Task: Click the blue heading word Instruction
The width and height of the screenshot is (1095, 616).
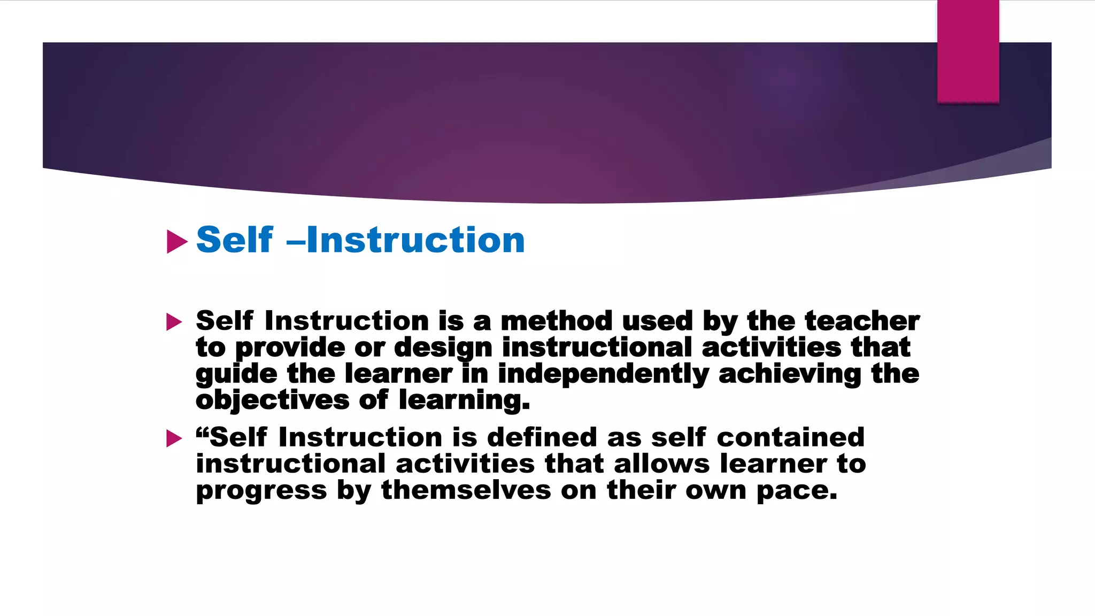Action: [415, 240]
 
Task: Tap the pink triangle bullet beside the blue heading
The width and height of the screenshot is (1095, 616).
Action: [177, 242]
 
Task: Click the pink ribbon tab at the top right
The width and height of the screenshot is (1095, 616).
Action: [968, 51]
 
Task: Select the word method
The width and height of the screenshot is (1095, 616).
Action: [556, 321]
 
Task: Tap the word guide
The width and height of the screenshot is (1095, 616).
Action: [236, 374]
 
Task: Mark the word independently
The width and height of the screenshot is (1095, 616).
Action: [603, 374]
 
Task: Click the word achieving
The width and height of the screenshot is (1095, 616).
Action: [790, 374]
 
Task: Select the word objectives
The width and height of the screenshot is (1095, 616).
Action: [272, 401]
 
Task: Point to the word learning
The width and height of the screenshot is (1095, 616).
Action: [464, 401]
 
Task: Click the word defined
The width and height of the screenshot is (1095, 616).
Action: [542, 437]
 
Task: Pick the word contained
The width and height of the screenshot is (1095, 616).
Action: [790, 437]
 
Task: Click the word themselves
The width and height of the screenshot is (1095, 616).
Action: [466, 490]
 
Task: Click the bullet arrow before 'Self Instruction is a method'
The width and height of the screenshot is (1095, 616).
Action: [174, 322]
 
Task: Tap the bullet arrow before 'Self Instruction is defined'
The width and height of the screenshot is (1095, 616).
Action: [174, 438]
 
